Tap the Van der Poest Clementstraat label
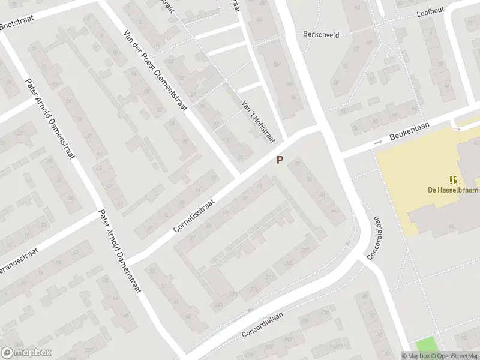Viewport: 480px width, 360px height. pyautogui.click(x=155, y=71)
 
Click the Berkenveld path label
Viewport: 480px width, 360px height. pyautogui.click(x=321, y=35)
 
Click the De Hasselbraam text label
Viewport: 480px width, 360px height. pyautogui.click(x=452, y=190)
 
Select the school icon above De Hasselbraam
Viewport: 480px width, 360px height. pyautogui.click(x=452, y=179)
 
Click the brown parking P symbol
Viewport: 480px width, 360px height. pyautogui.click(x=280, y=160)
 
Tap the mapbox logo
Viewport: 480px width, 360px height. pyautogui.click(x=26, y=353)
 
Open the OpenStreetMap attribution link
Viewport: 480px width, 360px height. pyautogui.click(x=454, y=356)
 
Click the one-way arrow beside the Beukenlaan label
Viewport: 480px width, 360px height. pyautogui.click(x=378, y=142)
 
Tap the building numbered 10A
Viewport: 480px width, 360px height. pyautogui.click(x=277, y=64)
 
